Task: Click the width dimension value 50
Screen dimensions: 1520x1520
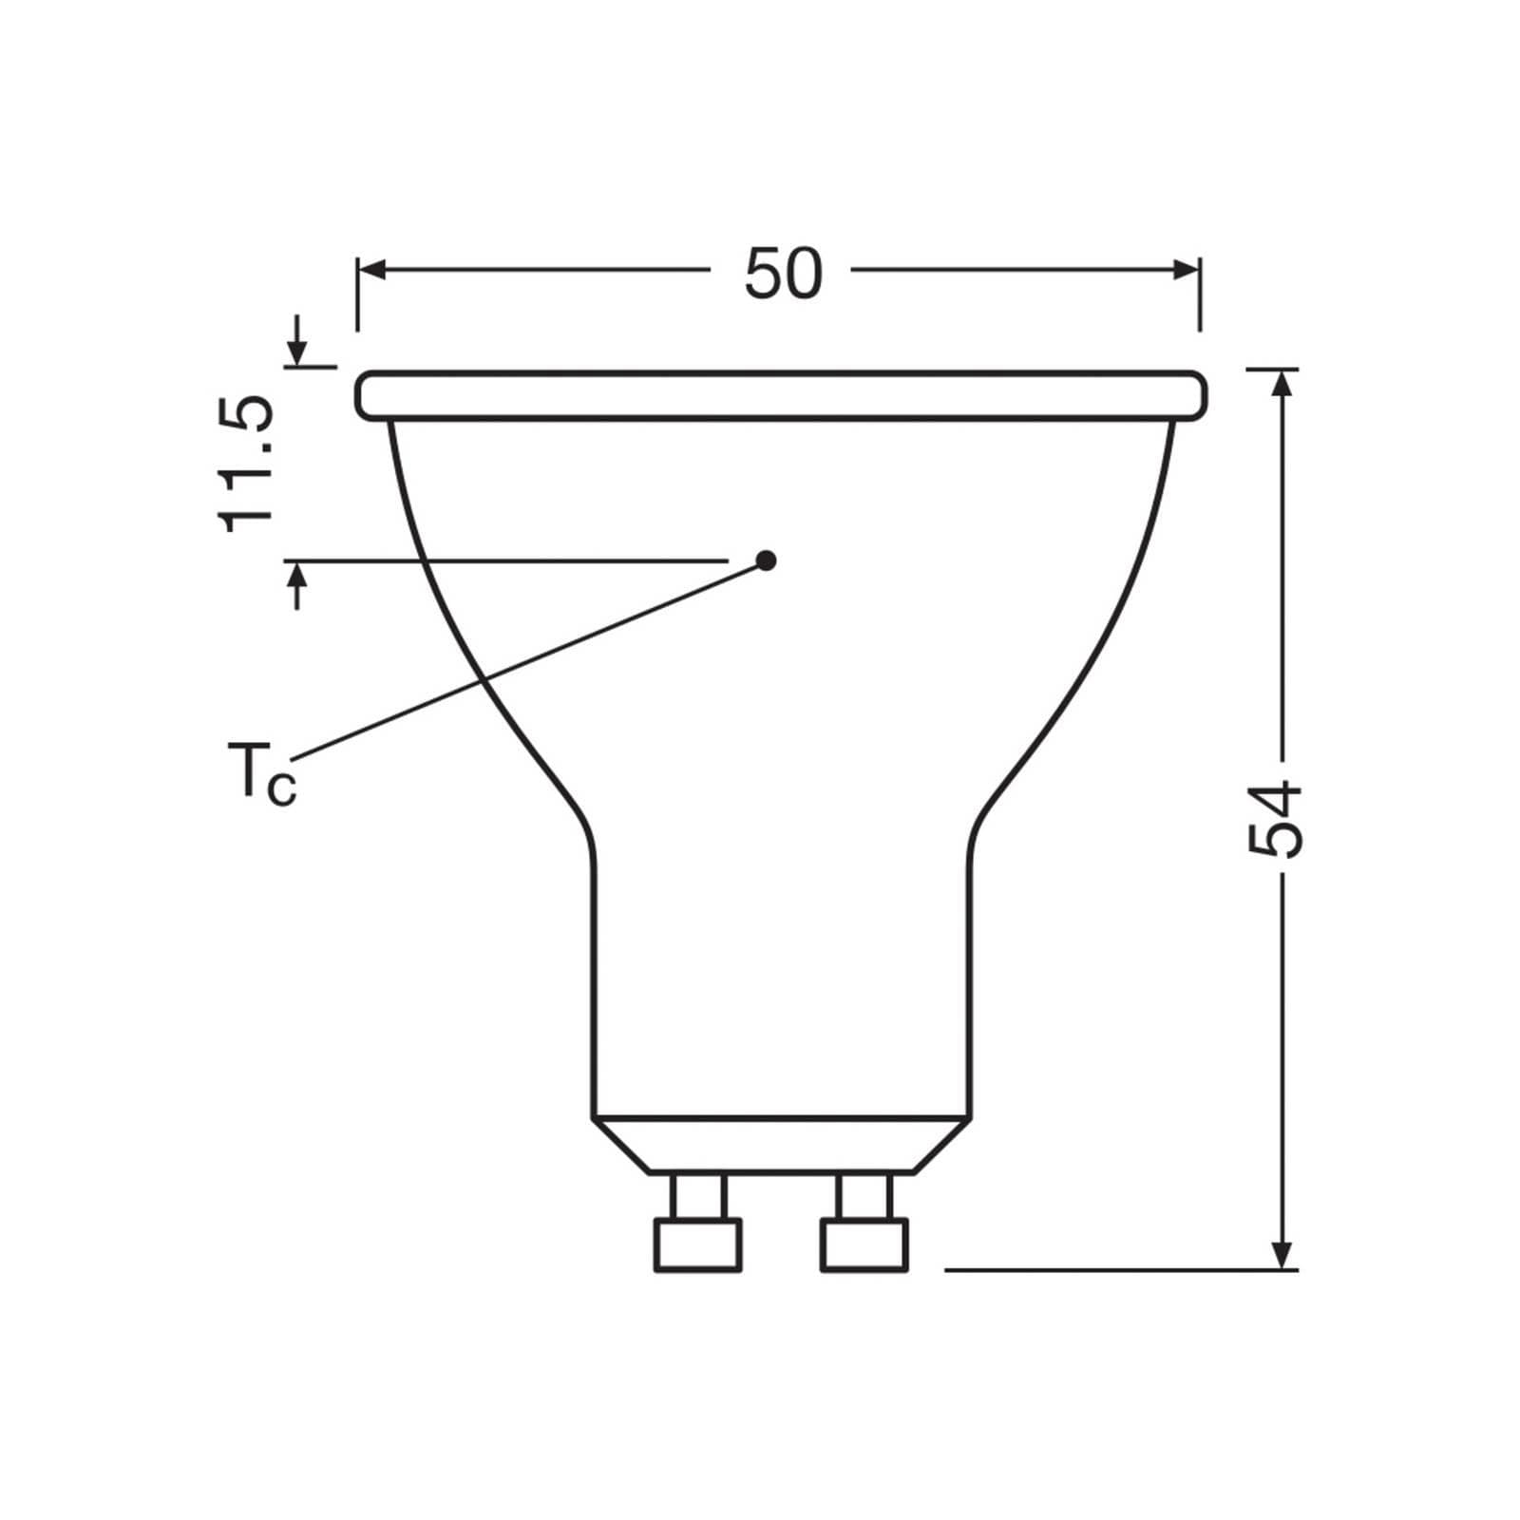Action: coord(782,275)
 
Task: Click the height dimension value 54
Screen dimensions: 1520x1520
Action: coord(1273,819)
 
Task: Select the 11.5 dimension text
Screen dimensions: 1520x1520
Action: coord(247,465)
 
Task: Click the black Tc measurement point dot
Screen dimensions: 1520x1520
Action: coord(767,560)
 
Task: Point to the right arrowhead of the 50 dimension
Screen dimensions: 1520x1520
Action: coord(1187,271)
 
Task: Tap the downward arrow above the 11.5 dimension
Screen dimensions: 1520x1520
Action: coord(298,351)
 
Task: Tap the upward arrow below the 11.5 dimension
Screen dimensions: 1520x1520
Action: coord(298,577)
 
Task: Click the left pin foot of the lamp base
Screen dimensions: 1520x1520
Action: coord(697,1245)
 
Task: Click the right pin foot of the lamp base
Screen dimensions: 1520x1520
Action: coord(864,1245)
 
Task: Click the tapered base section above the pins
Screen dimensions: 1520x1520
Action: coord(782,1145)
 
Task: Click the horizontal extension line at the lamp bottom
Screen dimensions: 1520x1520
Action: coord(1121,1268)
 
